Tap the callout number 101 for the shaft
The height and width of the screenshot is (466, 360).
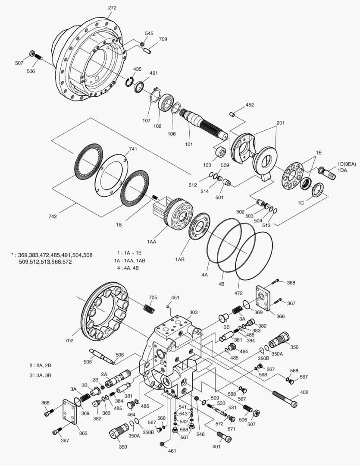(189, 145)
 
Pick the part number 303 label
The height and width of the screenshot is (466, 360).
(194, 312)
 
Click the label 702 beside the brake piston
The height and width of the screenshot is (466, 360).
(69, 340)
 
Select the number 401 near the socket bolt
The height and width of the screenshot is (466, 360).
(216, 447)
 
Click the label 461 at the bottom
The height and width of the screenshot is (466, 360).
(172, 451)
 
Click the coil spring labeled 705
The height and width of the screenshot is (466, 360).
(148, 309)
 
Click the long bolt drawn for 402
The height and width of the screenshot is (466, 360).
(285, 399)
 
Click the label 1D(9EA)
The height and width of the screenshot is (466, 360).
(346, 164)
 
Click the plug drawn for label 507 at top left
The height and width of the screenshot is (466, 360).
(31, 54)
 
